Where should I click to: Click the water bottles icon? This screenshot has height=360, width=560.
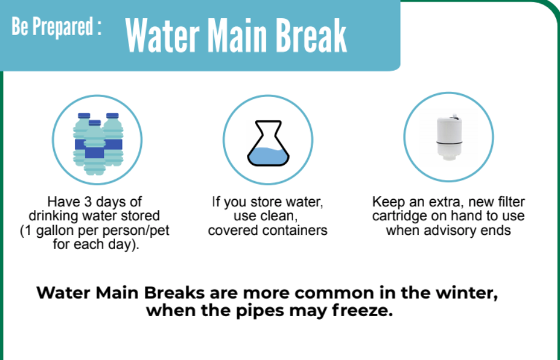click(98, 143)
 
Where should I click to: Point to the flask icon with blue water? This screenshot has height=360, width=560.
click(268, 143)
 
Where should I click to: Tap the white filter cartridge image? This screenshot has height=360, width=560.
click(449, 139)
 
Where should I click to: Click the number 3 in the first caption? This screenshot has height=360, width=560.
click(88, 202)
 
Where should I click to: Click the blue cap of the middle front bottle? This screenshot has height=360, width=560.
click(95, 123)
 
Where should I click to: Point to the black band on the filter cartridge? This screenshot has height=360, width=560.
click(449, 143)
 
